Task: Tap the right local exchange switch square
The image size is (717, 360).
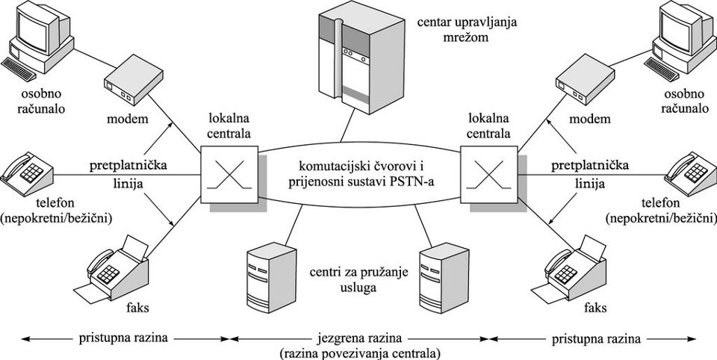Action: [489, 173]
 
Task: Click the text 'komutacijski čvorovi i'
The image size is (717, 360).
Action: [358, 164]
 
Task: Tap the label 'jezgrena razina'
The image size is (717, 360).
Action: [358, 338]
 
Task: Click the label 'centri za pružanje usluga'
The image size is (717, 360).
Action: [350, 279]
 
